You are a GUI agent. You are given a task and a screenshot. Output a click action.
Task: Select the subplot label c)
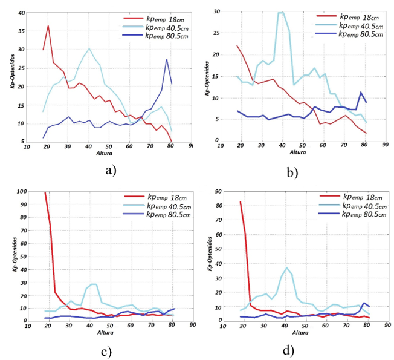111,349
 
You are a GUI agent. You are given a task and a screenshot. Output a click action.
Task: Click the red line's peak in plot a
48,25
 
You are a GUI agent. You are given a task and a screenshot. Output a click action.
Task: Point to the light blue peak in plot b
280,13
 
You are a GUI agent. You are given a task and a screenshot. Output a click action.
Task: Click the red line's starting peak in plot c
45,193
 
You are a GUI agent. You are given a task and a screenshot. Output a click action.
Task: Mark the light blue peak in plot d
287,267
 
